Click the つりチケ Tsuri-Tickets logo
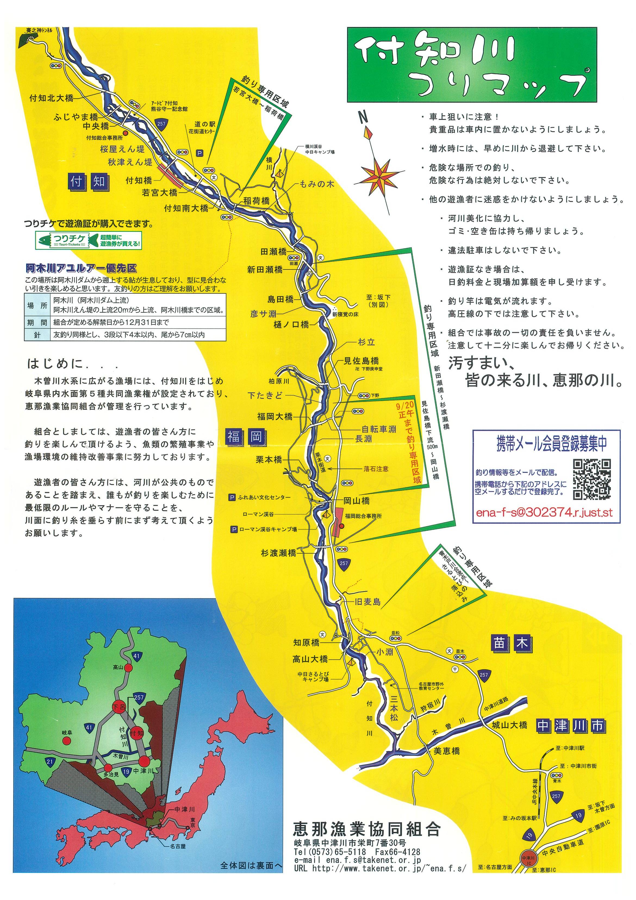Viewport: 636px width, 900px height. click(88, 240)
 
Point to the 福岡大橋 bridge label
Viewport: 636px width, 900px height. click(275, 416)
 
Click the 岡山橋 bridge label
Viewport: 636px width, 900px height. click(356, 501)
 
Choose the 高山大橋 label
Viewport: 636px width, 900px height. click(310, 659)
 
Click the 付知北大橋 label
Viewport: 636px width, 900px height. click(51, 98)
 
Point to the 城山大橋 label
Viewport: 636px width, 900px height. click(509, 725)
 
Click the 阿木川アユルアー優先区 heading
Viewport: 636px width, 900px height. click(81, 269)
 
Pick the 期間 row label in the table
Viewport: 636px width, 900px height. click(37, 322)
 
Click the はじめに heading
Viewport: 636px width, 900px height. click(55, 364)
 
